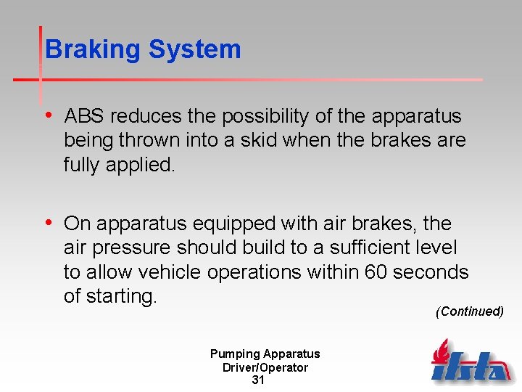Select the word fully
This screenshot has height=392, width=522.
click(x=82, y=165)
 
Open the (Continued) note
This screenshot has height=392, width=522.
click(x=469, y=311)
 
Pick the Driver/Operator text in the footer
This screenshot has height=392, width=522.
click(x=265, y=367)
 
